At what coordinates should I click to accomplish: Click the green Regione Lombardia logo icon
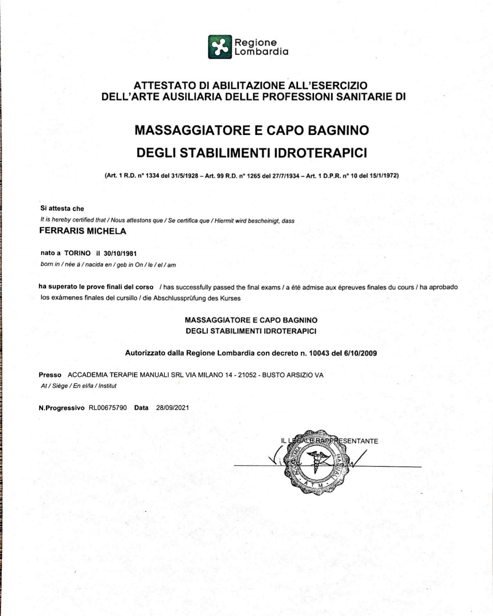[220, 47]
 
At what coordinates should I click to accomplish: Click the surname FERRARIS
[62, 231]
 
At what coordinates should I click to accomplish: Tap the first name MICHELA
[106, 231]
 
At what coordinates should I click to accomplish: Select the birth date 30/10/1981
[120, 253]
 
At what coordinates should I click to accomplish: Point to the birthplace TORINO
[78, 253]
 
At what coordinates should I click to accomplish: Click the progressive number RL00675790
[108, 408]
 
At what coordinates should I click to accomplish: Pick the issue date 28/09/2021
[172, 408]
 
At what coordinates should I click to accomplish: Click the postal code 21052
[247, 375]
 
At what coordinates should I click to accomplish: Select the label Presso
[50, 375]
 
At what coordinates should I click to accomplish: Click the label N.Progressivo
[61, 408]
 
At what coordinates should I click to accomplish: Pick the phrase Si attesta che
[62, 209]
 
